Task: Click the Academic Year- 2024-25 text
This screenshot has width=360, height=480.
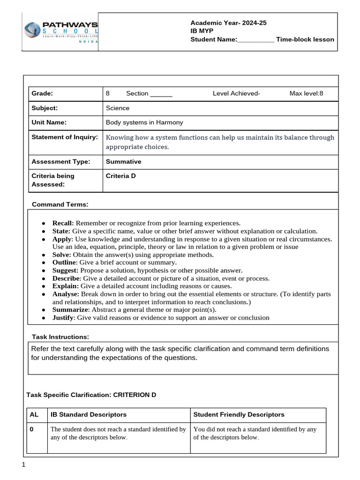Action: (x=228, y=23)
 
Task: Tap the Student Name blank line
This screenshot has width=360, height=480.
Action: (x=255, y=40)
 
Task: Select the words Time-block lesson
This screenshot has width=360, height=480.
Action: (x=305, y=39)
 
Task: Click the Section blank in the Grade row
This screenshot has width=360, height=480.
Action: (x=161, y=93)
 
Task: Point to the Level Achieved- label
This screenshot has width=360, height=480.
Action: (x=236, y=93)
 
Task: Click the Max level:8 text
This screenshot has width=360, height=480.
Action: (x=306, y=93)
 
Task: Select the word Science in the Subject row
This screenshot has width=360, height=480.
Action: (x=118, y=108)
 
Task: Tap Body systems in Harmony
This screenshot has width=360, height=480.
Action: (x=144, y=122)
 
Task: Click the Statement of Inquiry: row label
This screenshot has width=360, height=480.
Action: (x=65, y=137)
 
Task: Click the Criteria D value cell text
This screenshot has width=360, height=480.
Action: (x=121, y=176)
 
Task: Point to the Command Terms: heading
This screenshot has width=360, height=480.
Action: (x=60, y=205)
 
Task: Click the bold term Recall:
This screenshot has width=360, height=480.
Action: (x=63, y=223)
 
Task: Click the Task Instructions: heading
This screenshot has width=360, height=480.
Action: (x=60, y=337)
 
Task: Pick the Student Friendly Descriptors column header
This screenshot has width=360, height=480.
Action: (x=239, y=414)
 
